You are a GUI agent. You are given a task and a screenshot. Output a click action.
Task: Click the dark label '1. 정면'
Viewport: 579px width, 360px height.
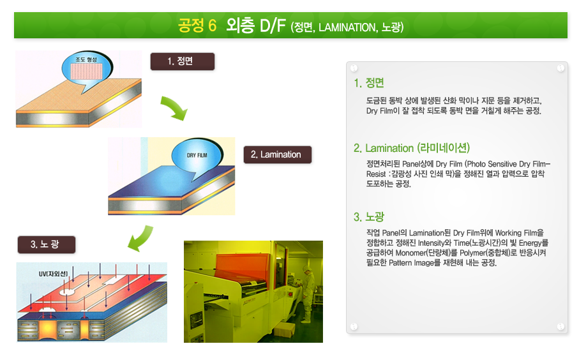pyautogui.click(x=183, y=61)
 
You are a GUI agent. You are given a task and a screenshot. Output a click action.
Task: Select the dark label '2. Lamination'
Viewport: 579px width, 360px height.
pyautogui.click(x=277, y=154)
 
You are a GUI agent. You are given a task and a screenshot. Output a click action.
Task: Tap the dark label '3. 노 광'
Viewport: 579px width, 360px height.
pyautogui.click(x=47, y=244)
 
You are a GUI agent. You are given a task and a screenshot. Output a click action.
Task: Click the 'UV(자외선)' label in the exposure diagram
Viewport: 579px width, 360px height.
pyautogui.click(x=53, y=274)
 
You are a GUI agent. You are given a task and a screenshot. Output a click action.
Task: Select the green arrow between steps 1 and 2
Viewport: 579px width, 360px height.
pyautogui.click(x=174, y=108)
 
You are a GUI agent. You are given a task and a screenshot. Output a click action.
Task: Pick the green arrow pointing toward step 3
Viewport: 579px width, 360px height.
pyautogui.click(x=140, y=238)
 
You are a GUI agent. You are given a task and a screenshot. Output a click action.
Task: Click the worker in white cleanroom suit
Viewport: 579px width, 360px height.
pyautogui.click(x=308, y=294)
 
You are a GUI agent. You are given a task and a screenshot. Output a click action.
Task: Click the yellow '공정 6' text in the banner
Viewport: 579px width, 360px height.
pyautogui.click(x=197, y=26)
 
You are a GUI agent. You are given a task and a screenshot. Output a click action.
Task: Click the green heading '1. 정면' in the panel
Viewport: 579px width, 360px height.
pyautogui.click(x=369, y=83)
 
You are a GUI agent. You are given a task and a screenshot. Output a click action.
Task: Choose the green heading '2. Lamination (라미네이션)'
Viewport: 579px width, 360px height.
pyautogui.click(x=411, y=148)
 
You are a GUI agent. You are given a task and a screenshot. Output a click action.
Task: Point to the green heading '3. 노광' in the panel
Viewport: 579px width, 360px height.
pyautogui.click(x=369, y=217)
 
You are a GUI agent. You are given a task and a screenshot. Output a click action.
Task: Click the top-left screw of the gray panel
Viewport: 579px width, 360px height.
pyautogui.click(x=354, y=68)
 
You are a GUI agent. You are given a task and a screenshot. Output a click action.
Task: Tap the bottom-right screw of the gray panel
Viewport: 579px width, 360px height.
pyautogui.click(x=560, y=326)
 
